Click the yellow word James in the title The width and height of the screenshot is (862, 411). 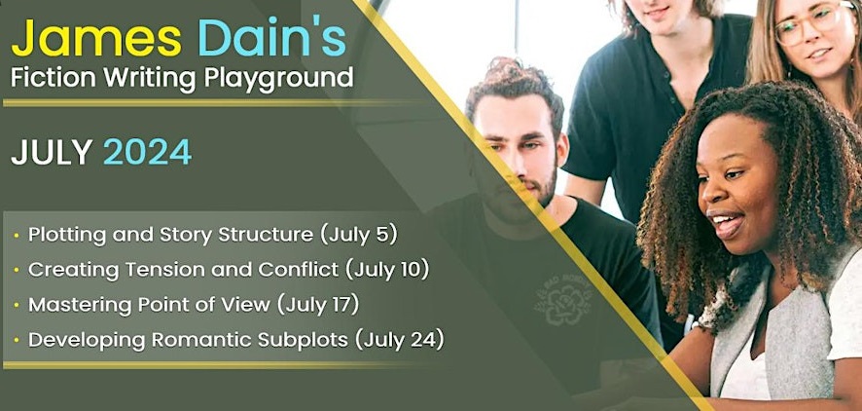point(96,39)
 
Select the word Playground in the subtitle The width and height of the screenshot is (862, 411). point(278,79)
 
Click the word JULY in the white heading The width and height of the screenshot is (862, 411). point(52,152)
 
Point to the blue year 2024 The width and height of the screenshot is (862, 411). point(147,152)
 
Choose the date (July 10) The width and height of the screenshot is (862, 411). point(387,270)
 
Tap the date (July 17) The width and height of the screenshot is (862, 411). point(318,304)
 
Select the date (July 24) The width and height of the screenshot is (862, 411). point(400,340)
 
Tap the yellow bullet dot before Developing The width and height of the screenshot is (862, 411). point(17,341)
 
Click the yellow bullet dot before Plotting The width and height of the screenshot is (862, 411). point(17,236)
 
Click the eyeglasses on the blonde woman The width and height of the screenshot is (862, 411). point(808,23)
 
